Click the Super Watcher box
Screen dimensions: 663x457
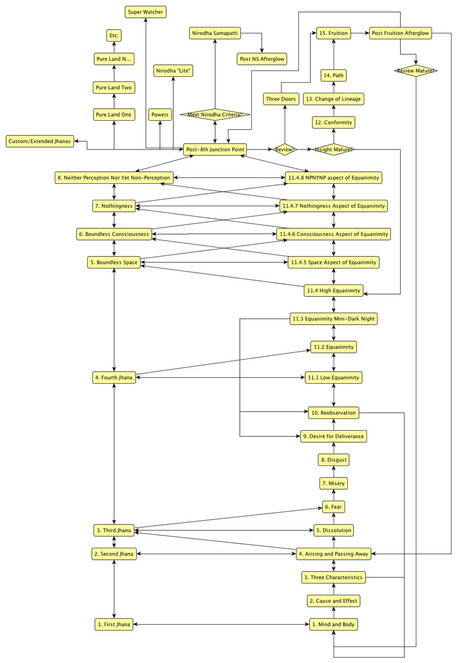[x=145, y=12]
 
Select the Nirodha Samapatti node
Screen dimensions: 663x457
[x=214, y=33]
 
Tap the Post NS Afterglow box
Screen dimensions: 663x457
[x=262, y=59]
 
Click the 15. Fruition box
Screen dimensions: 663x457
[x=334, y=33]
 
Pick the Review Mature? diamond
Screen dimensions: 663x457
[x=415, y=71]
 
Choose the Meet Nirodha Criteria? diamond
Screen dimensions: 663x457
[x=215, y=115]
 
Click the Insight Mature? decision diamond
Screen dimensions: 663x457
[x=334, y=150]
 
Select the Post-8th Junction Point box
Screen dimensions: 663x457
[x=215, y=150]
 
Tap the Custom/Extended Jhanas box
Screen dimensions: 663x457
[x=40, y=141]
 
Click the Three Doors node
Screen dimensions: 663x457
[x=281, y=99]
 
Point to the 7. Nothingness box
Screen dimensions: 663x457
[x=114, y=206]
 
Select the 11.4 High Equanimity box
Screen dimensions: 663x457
[x=334, y=290]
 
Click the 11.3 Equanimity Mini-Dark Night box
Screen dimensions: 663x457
[x=334, y=319]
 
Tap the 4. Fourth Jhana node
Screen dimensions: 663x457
[x=114, y=378]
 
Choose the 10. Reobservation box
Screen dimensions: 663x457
[x=334, y=413]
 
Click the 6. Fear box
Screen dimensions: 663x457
[x=333, y=507]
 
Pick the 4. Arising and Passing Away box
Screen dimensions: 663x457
[x=334, y=554]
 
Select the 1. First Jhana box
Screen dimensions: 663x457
[x=114, y=624]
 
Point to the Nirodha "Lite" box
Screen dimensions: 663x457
[x=173, y=71]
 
